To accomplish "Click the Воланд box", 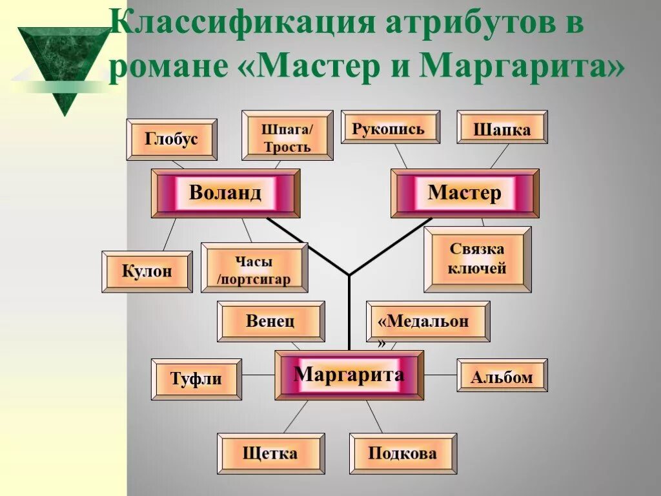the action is coord(225,193).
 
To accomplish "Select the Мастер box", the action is coord(465,193).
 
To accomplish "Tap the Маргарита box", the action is coord(349,375).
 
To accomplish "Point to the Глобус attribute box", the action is coord(172,139).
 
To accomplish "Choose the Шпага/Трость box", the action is coord(287,135).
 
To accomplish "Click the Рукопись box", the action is coord(390,127).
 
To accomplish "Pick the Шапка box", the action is coord(502,127).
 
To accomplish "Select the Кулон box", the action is coord(147,271).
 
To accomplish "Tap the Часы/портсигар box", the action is coord(254,268).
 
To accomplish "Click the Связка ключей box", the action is coord(478,259).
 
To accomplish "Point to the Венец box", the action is coord(270,321).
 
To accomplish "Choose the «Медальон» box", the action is coord(427,322).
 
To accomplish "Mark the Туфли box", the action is coord(196,379).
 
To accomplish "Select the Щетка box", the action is coord(270,453).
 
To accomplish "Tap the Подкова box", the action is coord(403,453).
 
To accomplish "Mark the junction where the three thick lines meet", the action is coord(349,275).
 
